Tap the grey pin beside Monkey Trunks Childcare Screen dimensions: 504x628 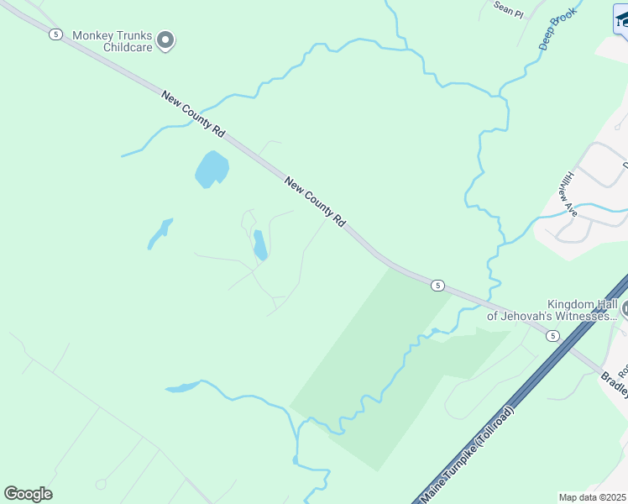coord(165,39)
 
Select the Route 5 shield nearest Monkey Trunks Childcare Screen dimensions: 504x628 coord(55,34)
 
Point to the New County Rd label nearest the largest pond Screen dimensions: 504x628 coord(195,115)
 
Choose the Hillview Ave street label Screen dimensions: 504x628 coord(571,194)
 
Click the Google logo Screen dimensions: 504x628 coord(28,494)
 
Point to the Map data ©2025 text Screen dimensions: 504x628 coord(592,497)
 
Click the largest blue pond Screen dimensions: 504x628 coord(212,170)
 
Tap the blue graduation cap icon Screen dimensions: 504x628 coord(621,18)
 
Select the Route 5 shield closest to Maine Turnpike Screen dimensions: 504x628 coord(552,336)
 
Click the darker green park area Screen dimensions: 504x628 coord(369,370)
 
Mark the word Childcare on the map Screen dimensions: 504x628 coord(127,47)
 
